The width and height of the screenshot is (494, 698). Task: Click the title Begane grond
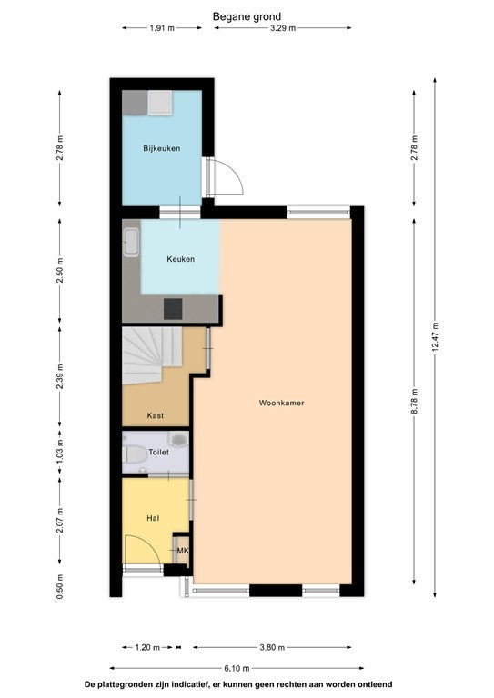(x=247, y=17)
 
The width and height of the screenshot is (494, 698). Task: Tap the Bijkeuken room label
(x=162, y=148)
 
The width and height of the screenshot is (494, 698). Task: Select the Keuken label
(x=181, y=259)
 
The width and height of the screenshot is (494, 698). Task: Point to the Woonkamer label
(x=281, y=403)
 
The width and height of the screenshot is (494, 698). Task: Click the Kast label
(x=156, y=415)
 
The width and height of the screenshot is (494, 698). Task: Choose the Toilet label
(x=158, y=453)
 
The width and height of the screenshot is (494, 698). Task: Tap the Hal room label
(x=153, y=518)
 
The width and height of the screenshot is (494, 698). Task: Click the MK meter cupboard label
(x=183, y=551)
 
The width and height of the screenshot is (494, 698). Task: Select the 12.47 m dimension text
(x=435, y=337)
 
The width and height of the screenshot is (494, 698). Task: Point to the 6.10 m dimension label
(x=237, y=668)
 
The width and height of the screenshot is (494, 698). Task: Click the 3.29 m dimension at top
(x=283, y=28)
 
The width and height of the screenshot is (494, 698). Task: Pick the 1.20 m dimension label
(x=147, y=647)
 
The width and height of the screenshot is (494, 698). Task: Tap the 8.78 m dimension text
(x=414, y=402)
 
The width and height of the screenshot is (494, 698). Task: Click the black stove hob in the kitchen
(x=173, y=309)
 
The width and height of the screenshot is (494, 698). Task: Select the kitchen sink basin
(x=131, y=242)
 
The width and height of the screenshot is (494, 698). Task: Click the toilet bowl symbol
(x=134, y=454)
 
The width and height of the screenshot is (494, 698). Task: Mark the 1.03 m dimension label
(x=60, y=451)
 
